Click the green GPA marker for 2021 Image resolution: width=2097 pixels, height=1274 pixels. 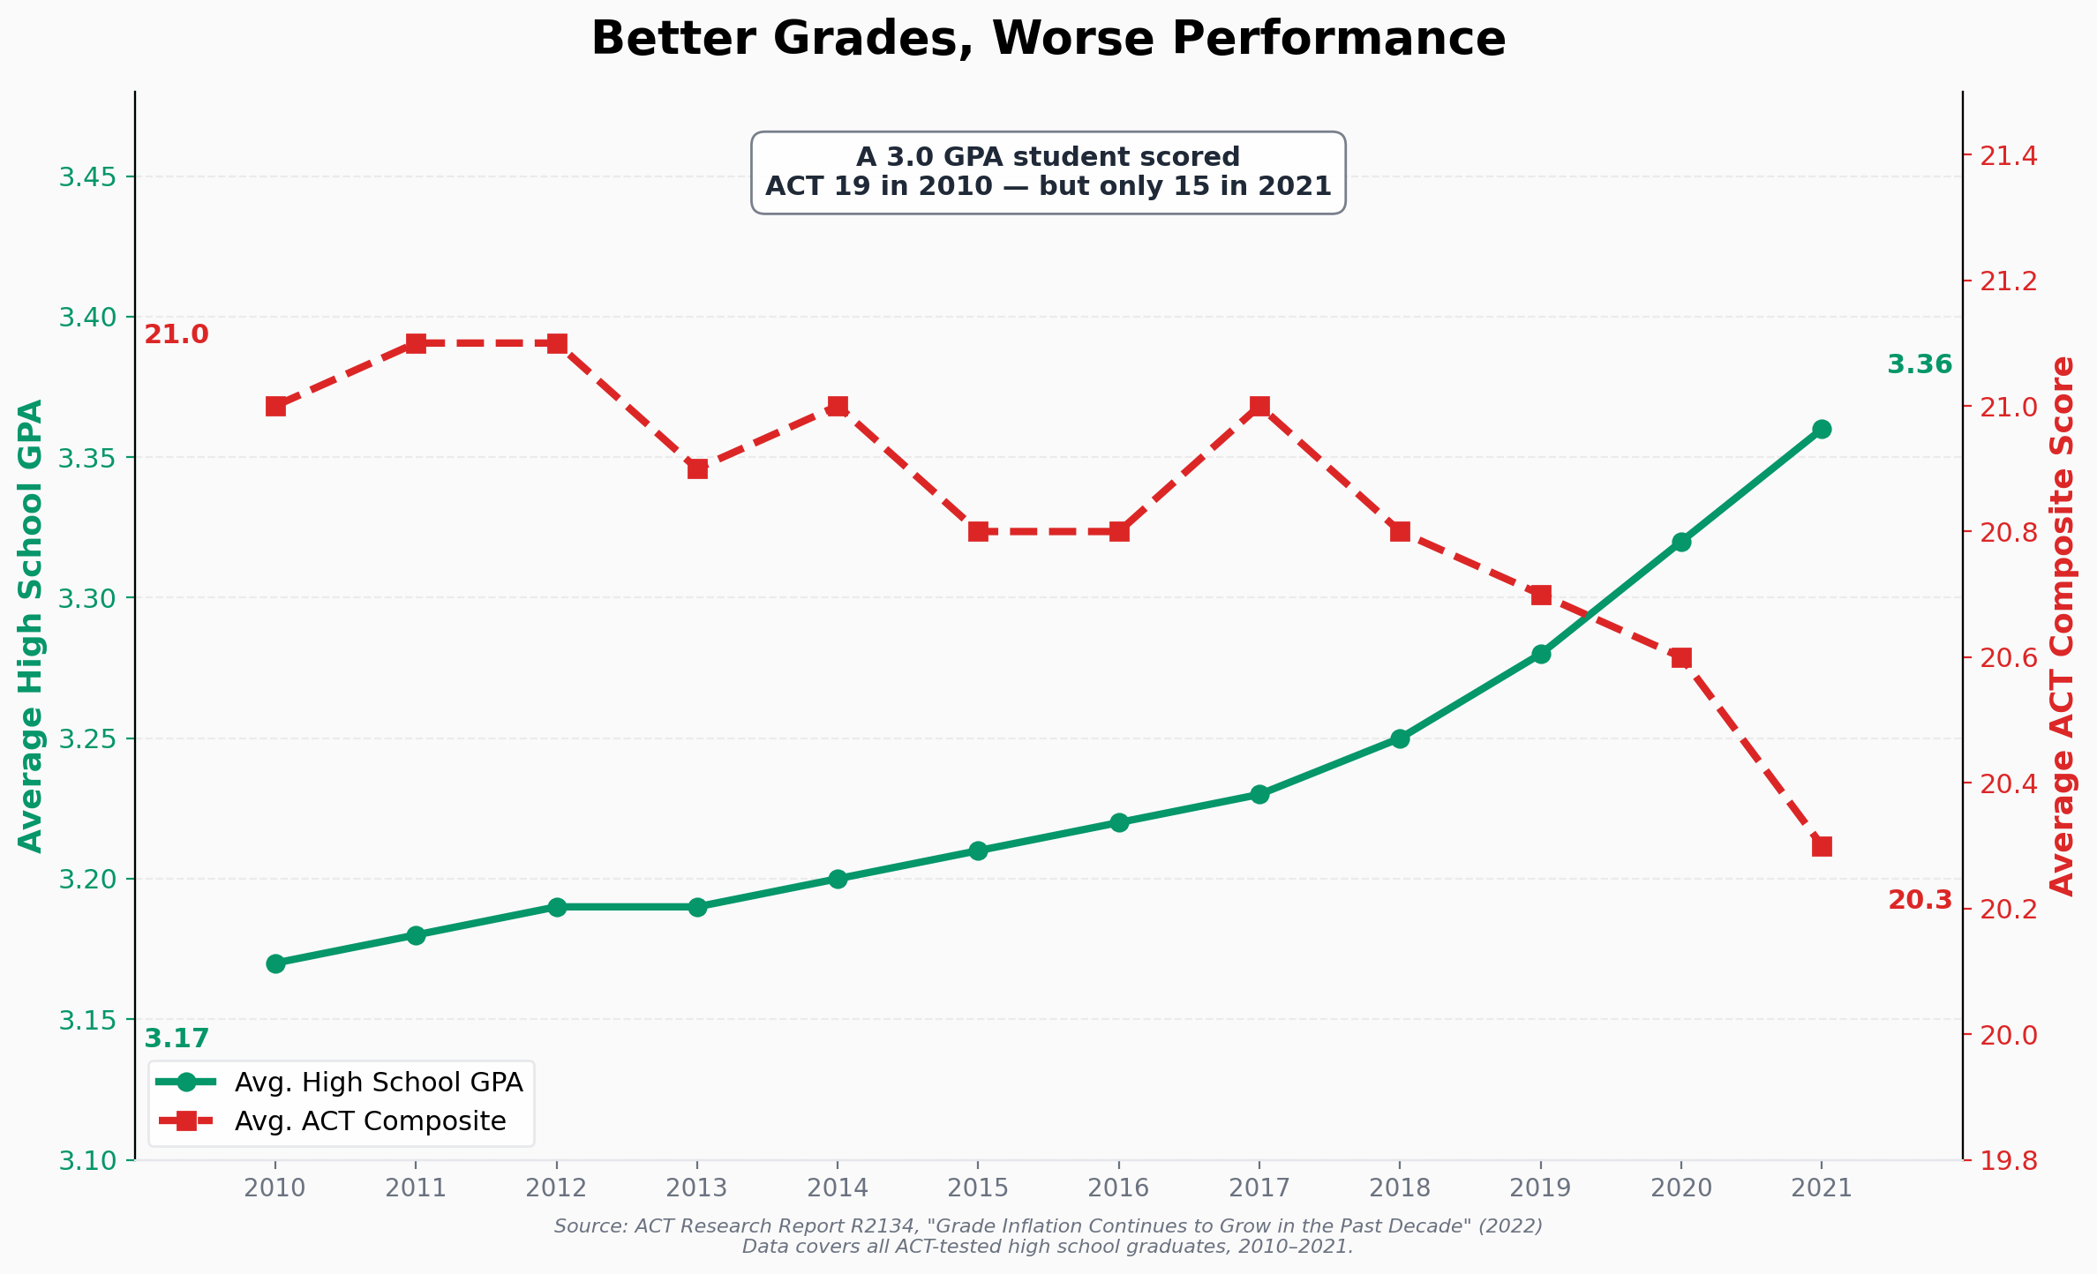pyautogui.click(x=1822, y=430)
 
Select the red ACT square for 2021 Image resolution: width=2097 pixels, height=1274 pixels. pyautogui.click(x=1822, y=846)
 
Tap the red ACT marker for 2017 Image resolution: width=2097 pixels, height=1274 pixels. pyautogui.click(x=1259, y=406)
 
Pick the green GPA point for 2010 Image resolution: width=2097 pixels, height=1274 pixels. pyautogui.click(x=275, y=963)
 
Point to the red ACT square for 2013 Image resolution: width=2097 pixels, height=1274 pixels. pyautogui.click(x=697, y=468)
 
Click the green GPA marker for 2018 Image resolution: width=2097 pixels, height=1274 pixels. pyautogui.click(x=1400, y=738)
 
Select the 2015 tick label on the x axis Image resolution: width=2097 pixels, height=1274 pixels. pyautogui.click(x=978, y=1188)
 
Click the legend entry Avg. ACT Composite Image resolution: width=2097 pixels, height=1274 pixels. pyautogui.click(x=370, y=1121)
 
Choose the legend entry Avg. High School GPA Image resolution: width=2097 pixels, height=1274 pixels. pyautogui.click(x=379, y=1083)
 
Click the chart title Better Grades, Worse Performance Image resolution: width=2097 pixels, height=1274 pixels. pyautogui.click(x=1048, y=40)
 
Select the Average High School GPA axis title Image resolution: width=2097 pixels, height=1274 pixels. pyautogui.click(x=32, y=626)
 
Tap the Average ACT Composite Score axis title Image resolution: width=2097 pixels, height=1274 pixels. pyautogui.click(x=2062, y=626)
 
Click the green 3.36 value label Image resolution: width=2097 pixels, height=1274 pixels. pyautogui.click(x=1920, y=364)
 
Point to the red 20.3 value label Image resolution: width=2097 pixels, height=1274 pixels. pyautogui.click(x=1920, y=900)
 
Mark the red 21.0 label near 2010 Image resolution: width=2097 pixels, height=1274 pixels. pyautogui.click(x=177, y=335)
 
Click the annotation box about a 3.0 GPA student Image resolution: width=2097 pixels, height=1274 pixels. pyautogui.click(x=1048, y=172)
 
